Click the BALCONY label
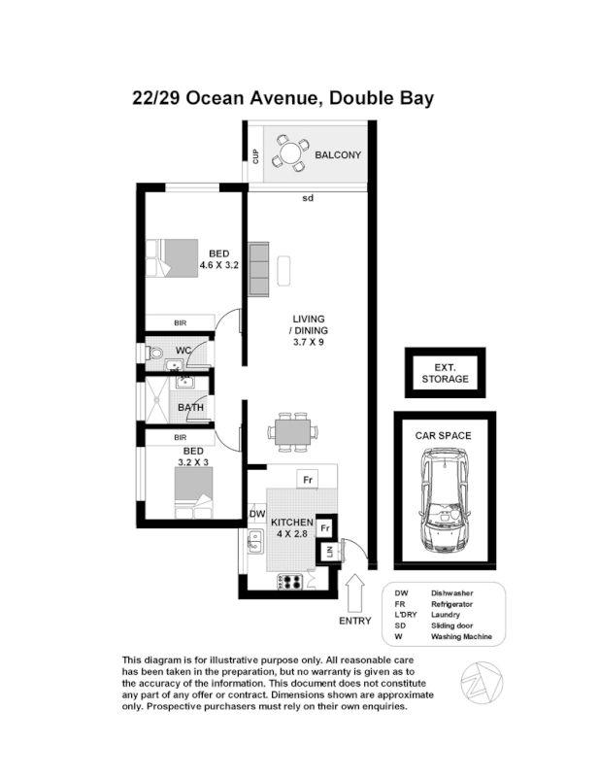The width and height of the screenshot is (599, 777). coord(338,154)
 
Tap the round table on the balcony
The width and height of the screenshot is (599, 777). coord(288,153)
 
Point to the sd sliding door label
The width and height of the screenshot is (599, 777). coord(308,199)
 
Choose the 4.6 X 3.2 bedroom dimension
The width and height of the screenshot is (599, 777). coord(219,264)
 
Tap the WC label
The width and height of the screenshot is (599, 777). coord(183,350)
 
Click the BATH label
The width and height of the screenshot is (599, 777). coord(190,407)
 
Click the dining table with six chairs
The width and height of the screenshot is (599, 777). coord(291,429)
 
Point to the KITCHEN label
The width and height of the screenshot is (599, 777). coord(290,523)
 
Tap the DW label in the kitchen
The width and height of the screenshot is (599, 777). coord(257,514)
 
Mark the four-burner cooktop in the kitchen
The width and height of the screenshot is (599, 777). coord(292,582)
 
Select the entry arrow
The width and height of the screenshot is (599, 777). coord(354,589)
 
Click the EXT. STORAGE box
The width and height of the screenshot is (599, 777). coord(446,373)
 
